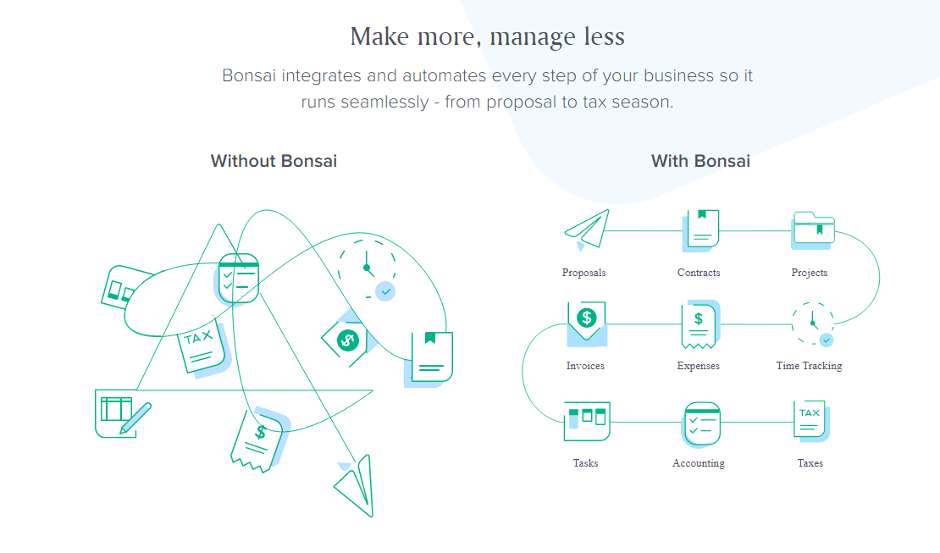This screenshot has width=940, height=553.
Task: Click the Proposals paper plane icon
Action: [586, 229]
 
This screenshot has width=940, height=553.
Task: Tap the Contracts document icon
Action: [701, 230]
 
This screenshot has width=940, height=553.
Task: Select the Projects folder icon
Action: [814, 229]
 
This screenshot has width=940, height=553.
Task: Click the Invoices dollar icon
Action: [587, 324]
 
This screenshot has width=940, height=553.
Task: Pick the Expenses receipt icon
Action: [699, 324]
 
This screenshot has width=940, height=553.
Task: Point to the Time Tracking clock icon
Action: [812, 324]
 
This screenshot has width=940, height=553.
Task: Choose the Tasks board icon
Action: [587, 421]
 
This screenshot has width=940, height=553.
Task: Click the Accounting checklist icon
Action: [701, 424]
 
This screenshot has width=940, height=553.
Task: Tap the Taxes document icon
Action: [811, 421]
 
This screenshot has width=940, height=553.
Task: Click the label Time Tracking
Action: [809, 366]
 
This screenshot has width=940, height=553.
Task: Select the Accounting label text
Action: [699, 463]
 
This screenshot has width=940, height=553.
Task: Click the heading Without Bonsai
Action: [274, 161]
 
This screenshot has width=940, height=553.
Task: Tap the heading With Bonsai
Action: [700, 161]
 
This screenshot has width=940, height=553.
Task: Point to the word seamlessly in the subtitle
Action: [384, 102]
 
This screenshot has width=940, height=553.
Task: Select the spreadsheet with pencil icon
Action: [123, 413]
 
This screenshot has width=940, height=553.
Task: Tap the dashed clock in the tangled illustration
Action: [367, 269]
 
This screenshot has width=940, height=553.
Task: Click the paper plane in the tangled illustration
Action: [355, 485]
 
